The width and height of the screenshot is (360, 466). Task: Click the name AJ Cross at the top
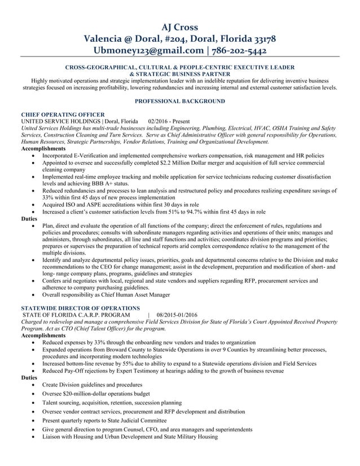click(179, 27)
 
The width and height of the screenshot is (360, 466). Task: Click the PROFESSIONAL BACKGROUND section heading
click(179, 102)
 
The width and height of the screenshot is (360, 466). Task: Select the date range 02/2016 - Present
click(169, 121)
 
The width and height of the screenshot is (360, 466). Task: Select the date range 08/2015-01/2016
click(177, 315)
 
